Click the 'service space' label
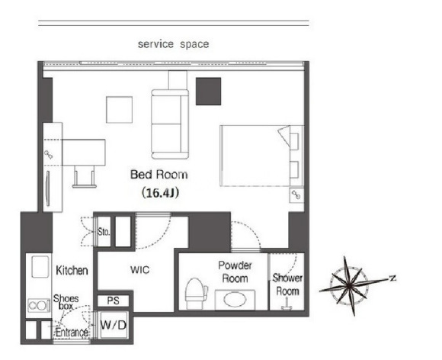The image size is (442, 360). [173, 44]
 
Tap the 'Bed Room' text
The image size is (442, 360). [159, 175]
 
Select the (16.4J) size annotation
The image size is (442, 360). [160, 193]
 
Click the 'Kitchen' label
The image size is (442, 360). [72, 270]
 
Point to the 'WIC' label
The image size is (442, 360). [139, 270]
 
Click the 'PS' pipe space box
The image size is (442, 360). [114, 301]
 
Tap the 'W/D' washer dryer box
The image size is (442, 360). [114, 326]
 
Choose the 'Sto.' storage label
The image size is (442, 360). [104, 232]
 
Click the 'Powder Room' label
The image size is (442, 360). [235, 272]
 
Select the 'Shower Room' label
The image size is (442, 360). [287, 284]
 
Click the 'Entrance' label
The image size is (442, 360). [72, 333]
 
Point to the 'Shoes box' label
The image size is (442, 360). [66, 302]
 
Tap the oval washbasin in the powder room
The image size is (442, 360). [235, 300]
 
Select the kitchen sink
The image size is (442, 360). [40, 267]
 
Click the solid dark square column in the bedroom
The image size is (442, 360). [208, 92]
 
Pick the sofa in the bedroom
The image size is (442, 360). [170, 124]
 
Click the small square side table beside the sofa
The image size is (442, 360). [119, 110]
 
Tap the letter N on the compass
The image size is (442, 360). [392, 278]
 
